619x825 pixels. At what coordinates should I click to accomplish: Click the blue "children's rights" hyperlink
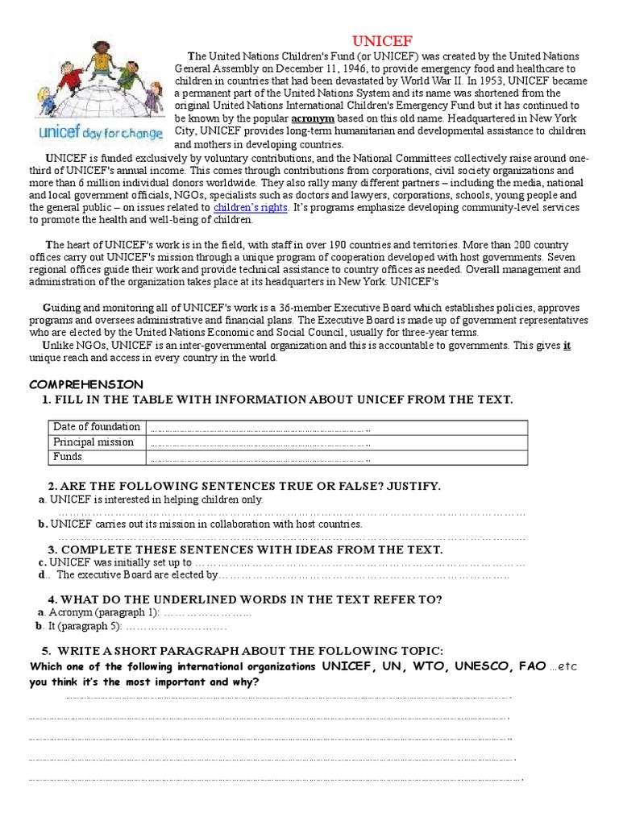[250, 208]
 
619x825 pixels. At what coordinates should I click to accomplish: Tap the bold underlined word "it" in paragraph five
[567, 345]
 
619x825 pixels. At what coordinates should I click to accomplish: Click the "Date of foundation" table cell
[96, 427]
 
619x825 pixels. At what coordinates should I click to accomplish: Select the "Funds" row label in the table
[68, 457]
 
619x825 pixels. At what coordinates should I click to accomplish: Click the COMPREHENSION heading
[86, 384]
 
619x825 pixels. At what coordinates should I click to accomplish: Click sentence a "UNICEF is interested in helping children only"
[156, 500]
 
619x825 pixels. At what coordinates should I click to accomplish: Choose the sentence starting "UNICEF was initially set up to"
[120, 562]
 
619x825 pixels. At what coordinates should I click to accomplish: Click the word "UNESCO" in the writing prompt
[483, 667]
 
